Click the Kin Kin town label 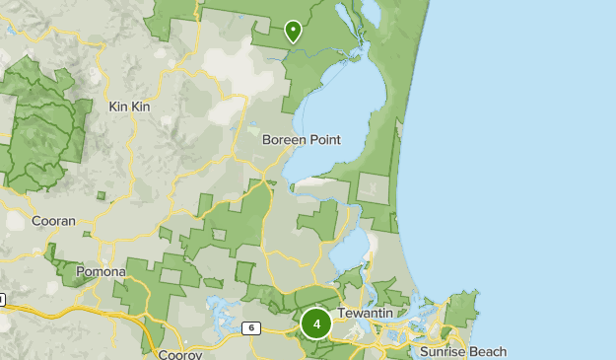click(x=128, y=106)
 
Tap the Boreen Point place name click(x=301, y=140)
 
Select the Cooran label click(x=53, y=222)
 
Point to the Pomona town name click(x=101, y=271)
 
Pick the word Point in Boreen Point click(x=323, y=140)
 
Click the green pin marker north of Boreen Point click(x=293, y=33)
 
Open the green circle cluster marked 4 click(x=316, y=324)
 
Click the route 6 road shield click(x=252, y=327)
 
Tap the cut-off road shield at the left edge click(x=2, y=299)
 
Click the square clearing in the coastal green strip click(x=376, y=188)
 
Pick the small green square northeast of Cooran click(x=101, y=195)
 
